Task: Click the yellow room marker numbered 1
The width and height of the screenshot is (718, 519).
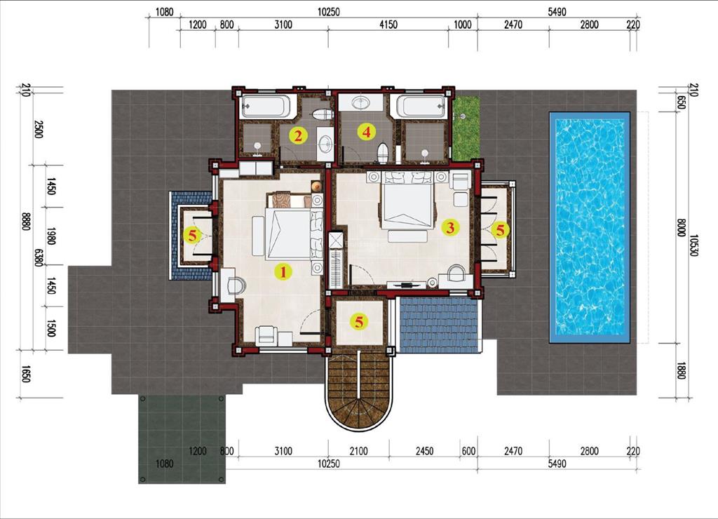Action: [283, 271]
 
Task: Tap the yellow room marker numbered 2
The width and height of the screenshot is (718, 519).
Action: [298, 135]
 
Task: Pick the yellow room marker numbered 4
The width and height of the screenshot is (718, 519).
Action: [365, 131]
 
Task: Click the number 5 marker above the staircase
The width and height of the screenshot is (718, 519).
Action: [359, 322]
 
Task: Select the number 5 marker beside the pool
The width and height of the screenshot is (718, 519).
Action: [499, 229]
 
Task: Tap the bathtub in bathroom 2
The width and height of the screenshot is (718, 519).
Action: [265, 107]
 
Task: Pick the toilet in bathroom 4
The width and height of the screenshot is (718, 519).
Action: [382, 151]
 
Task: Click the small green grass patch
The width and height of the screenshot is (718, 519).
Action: [466, 128]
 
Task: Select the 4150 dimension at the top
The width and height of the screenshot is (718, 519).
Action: [388, 25]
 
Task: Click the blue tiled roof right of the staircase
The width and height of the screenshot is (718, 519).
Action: [438, 325]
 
